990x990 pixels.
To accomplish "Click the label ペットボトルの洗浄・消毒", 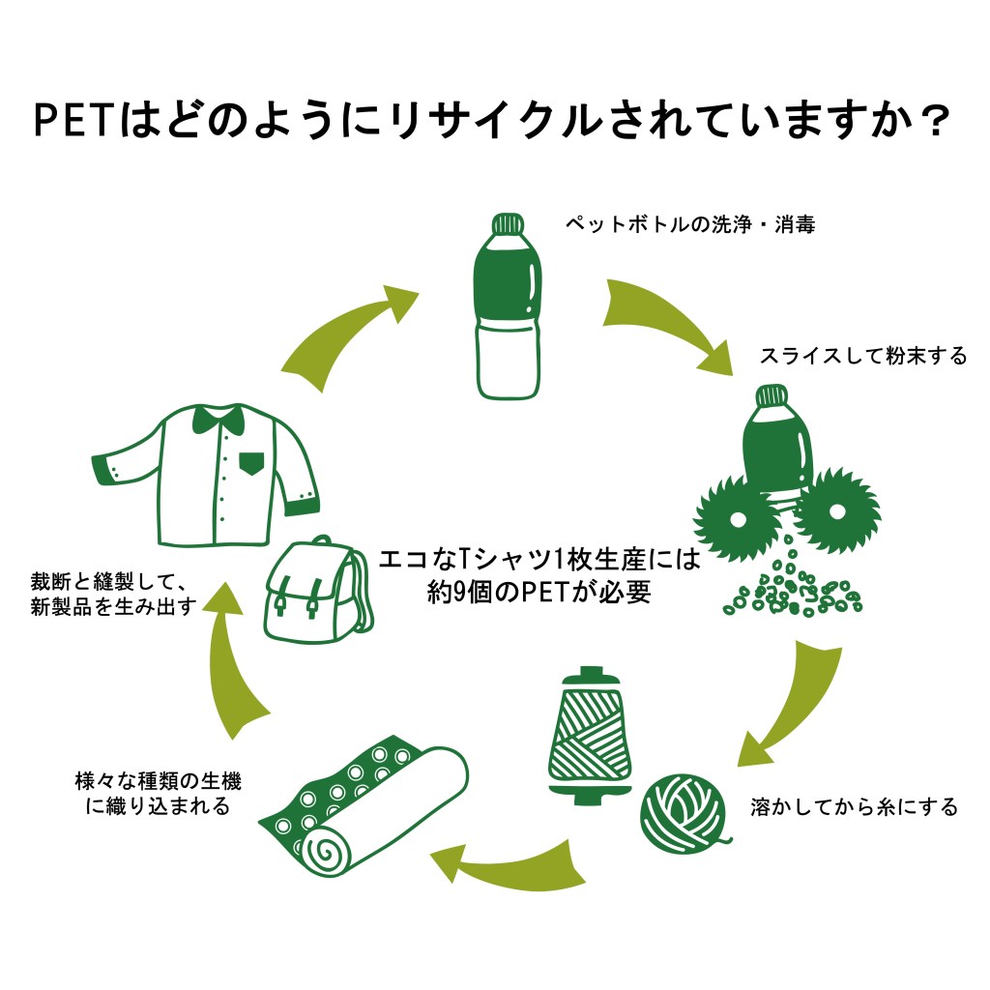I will (x=690, y=224).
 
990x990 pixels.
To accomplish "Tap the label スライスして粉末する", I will (x=863, y=356).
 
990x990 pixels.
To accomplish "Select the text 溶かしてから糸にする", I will (x=854, y=806).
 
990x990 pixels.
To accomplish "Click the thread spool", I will (x=585, y=733).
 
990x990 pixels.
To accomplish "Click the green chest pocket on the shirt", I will (x=251, y=462).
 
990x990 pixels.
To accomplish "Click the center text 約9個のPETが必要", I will (x=539, y=592).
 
